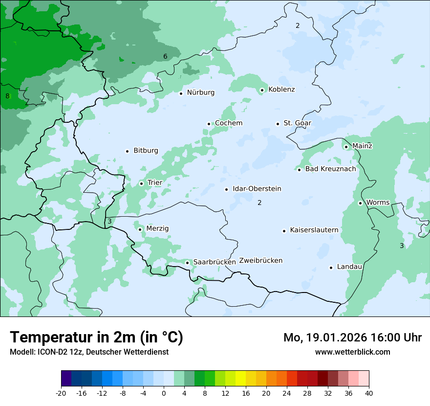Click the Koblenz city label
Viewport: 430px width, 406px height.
tap(281, 90)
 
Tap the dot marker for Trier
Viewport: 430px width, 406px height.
tap(142, 183)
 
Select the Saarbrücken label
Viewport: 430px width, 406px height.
tap(215, 262)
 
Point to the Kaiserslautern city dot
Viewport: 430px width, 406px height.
tap(284, 231)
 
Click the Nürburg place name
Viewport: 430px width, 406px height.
tap(200, 92)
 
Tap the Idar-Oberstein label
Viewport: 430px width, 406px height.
tap(257, 189)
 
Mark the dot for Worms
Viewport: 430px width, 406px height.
tap(360, 203)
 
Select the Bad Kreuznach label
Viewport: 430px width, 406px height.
tap(330, 169)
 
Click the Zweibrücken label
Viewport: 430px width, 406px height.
tap(260, 261)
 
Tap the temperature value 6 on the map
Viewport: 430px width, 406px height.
tap(165, 57)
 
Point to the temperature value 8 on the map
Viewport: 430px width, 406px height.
tap(7, 96)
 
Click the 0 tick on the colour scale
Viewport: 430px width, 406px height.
tap(164, 393)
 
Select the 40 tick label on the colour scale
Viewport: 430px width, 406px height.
tap(368, 393)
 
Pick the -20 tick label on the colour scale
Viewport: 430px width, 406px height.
tap(61, 393)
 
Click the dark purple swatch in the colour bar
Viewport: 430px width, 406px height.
tap(66, 379)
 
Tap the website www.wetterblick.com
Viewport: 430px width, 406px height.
tap(352, 352)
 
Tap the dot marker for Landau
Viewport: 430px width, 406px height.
tap(331, 268)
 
